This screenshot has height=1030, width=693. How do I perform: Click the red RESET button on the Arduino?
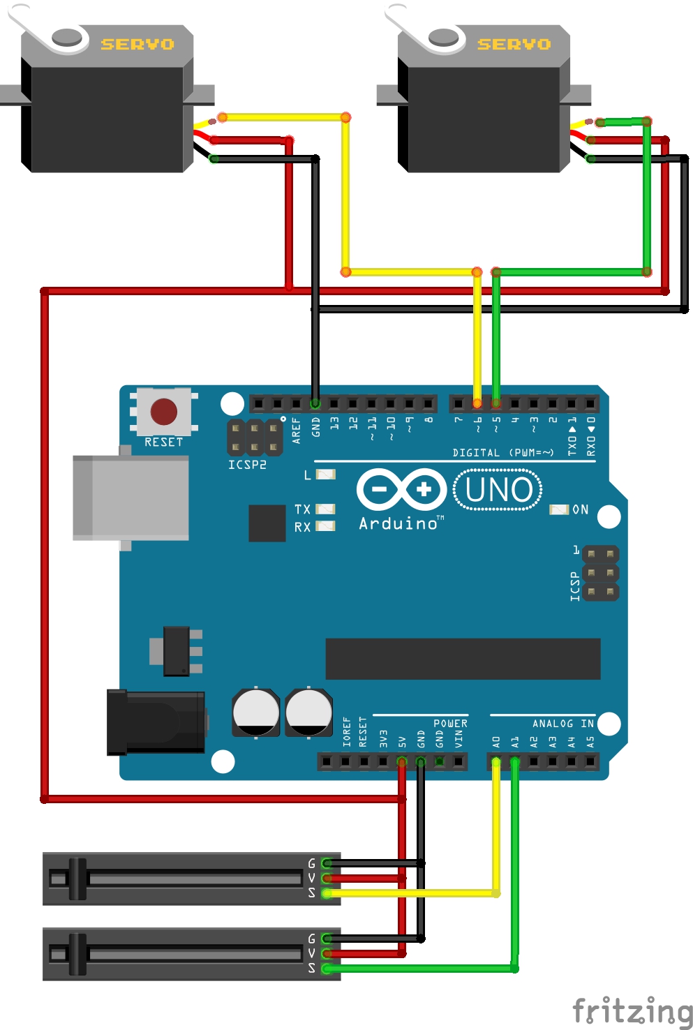[164, 412]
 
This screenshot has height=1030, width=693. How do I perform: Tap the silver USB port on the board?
[131, 498]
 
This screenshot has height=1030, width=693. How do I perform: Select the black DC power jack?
[156, 722]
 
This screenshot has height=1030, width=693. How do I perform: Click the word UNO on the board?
[498, 490]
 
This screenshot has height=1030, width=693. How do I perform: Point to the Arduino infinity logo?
[401, 489]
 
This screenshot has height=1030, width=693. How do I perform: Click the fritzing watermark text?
[632, 1011]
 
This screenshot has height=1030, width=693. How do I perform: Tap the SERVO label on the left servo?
[137, 45]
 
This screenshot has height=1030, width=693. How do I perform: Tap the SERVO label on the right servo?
[514, 45]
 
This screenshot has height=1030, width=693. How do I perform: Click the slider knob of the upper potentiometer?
[77, 879]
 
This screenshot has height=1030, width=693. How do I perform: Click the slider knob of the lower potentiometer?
[77, 954]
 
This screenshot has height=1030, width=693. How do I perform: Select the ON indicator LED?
[559, 509]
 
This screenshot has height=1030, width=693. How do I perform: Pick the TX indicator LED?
[326, 509]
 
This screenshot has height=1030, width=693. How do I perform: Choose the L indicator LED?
[326, 475]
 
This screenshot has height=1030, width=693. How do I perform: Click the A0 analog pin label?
[496, 742]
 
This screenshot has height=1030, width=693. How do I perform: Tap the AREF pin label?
[296, 431]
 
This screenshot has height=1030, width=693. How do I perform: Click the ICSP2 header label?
[247, 465]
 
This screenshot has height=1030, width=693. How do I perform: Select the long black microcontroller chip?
[463, 659]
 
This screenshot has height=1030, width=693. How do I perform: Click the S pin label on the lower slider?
[312, 968]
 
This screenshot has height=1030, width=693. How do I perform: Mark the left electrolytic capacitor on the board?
[255, 712]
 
